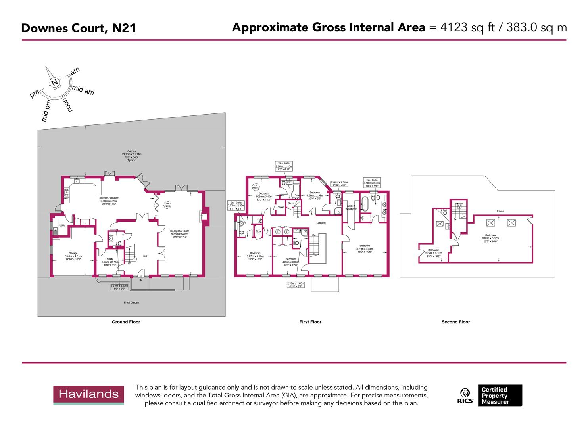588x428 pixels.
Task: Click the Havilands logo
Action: [88, 394]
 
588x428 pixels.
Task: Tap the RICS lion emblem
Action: [465, 394]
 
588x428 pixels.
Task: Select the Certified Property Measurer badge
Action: [500, 396]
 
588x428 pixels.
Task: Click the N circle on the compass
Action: [54, 83]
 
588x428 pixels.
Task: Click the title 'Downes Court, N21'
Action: [78, 28]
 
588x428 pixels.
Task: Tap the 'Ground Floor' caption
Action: [126, 322]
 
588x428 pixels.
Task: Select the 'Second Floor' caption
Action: [455, 322]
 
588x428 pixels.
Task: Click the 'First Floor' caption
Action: [310, 322]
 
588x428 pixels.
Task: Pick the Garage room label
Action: [73, 253]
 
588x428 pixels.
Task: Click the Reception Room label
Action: [180, 231]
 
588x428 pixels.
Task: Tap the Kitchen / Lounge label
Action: [109, 198]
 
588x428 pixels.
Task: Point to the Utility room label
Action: [62, 225]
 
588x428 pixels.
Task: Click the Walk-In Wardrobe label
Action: [351, 207]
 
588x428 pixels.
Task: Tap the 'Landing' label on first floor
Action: [321, 223]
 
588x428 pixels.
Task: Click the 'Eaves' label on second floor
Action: [500, 212]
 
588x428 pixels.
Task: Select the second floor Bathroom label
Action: [433, 250]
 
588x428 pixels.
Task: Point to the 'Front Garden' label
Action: [131, 302]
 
